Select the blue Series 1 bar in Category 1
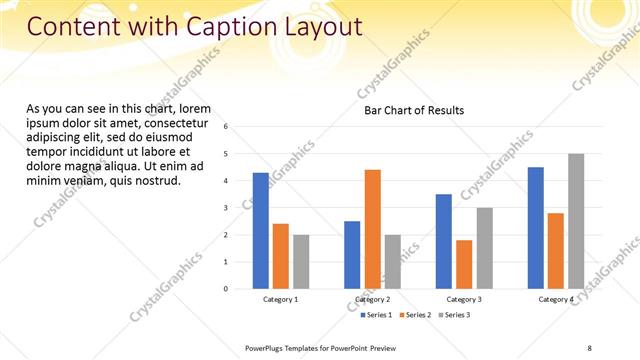pyautogui.click(x=261, y=231)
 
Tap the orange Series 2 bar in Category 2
pyautogui.click(x=372, y=229)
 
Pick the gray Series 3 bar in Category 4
pyautogui.click(x=576, y=221)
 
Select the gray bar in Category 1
pyautogui.click(x=301, y=261)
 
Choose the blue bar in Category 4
pyautogui.click(x=536, y=228)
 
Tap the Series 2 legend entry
pyautogui.click(x=416, y=315)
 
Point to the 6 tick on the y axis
pyautogui.click(x=226, y=127)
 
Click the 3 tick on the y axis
pyautogui.click(x=226, y=208)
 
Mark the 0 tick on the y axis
pyautogui.click(x=226, y=289)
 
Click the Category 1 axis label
pyautogui.click(x=281, y=300)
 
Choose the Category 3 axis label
pyautogui.click(x=464, y=300)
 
